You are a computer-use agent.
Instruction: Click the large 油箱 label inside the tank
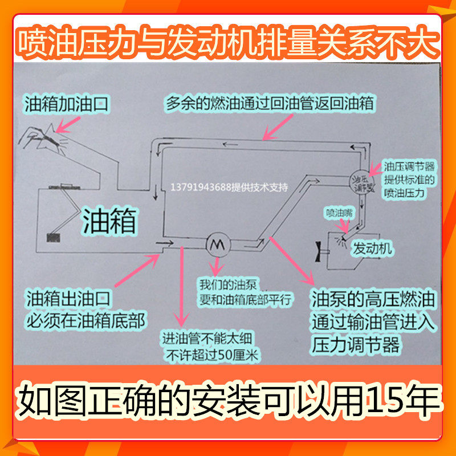point(109,221)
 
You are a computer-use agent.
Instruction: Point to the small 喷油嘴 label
point(339,213)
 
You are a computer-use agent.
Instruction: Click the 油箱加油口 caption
point(67,104)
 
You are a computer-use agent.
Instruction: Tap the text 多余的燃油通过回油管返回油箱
point(270,104)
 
